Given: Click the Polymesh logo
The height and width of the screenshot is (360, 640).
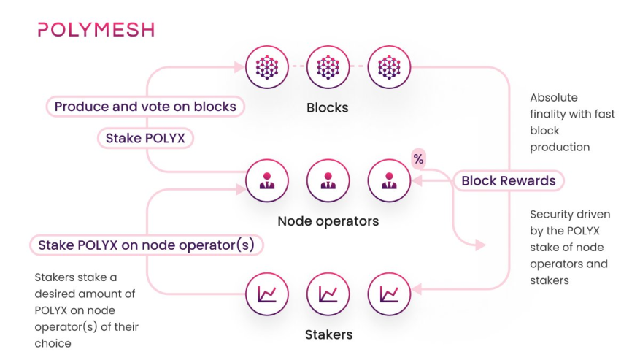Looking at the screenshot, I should coord(96,30).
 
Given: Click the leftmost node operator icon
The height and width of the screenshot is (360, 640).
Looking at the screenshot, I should coord(266,180).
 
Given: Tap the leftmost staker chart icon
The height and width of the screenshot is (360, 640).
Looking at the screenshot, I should coord(266,294).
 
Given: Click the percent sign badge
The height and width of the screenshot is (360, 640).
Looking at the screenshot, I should coord(418,158).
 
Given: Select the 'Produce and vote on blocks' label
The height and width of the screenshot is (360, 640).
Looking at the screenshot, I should coord(145,107).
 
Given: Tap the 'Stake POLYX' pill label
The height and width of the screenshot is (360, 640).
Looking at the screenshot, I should coord(145,138).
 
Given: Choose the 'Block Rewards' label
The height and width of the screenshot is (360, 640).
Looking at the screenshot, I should coord(508,181).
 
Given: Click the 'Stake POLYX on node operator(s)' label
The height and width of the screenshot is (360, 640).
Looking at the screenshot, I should coord(146,245).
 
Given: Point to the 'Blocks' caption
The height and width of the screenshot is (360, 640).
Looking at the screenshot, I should coord(328,107).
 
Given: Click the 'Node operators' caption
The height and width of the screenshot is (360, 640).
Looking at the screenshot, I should coord(328,221).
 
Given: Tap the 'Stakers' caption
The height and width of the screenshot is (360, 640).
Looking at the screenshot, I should coord(328,334).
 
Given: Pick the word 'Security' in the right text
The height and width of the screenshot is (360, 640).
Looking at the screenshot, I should coord(552,214).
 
